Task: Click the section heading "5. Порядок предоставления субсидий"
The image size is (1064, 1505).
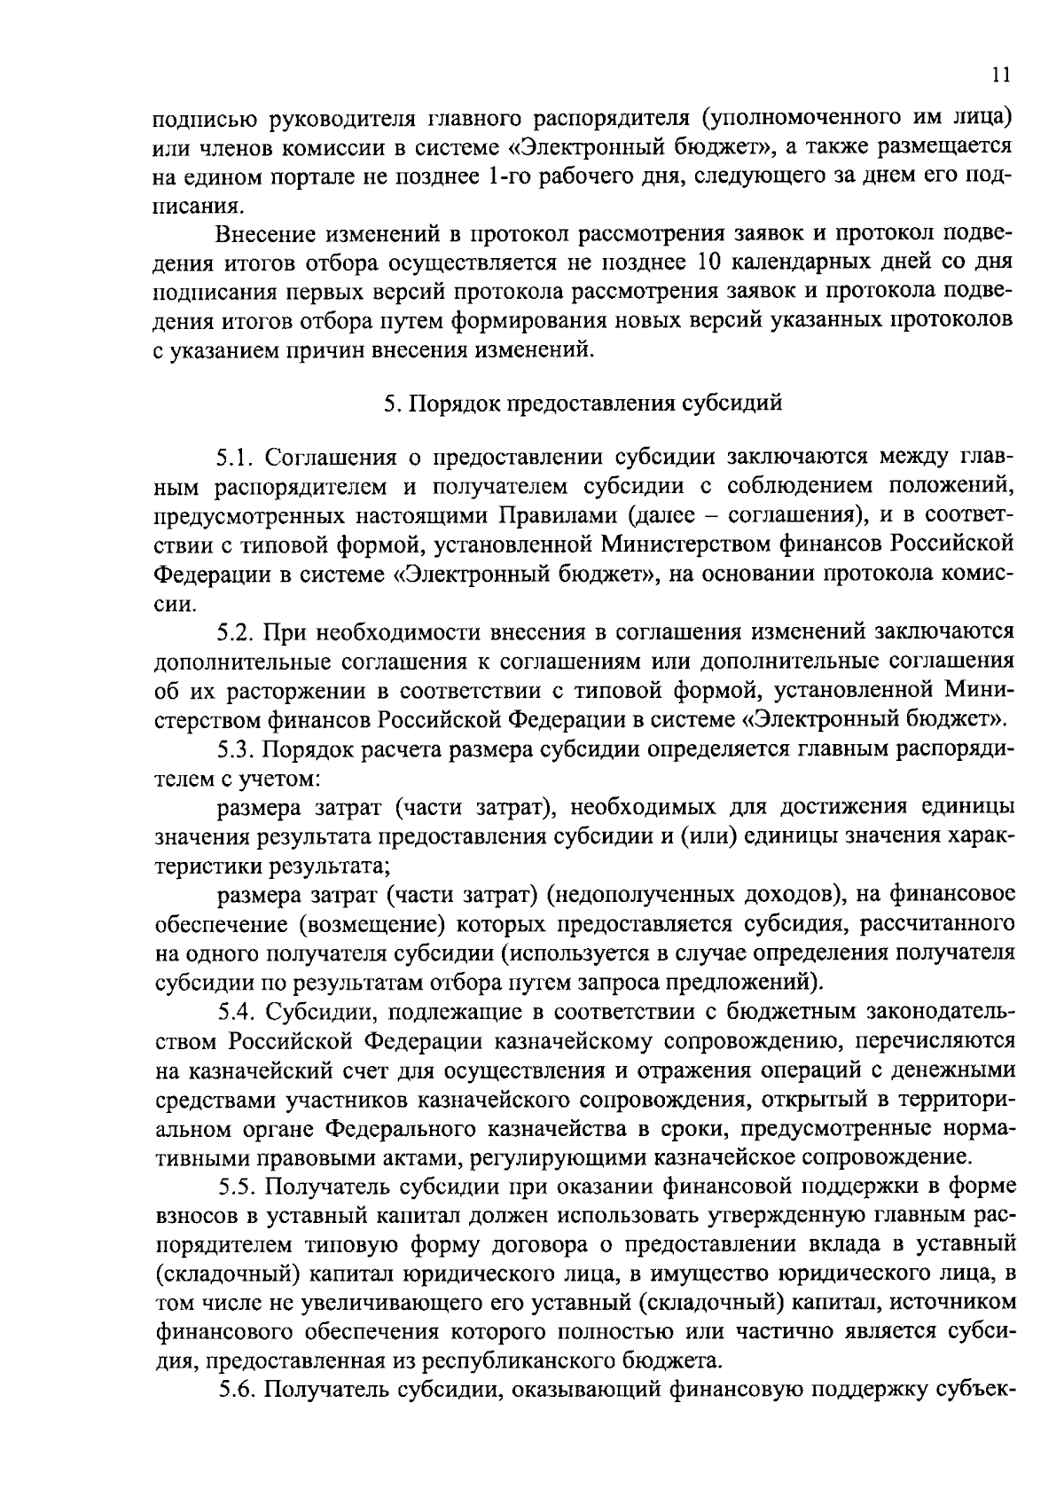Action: pos(583,404)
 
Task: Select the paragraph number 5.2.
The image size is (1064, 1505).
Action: pos(235,631)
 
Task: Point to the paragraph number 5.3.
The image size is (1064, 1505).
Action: pos(235,749)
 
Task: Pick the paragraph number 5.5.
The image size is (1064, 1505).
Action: pos(235,1187)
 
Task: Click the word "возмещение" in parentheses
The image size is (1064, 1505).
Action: pos(372,924)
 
